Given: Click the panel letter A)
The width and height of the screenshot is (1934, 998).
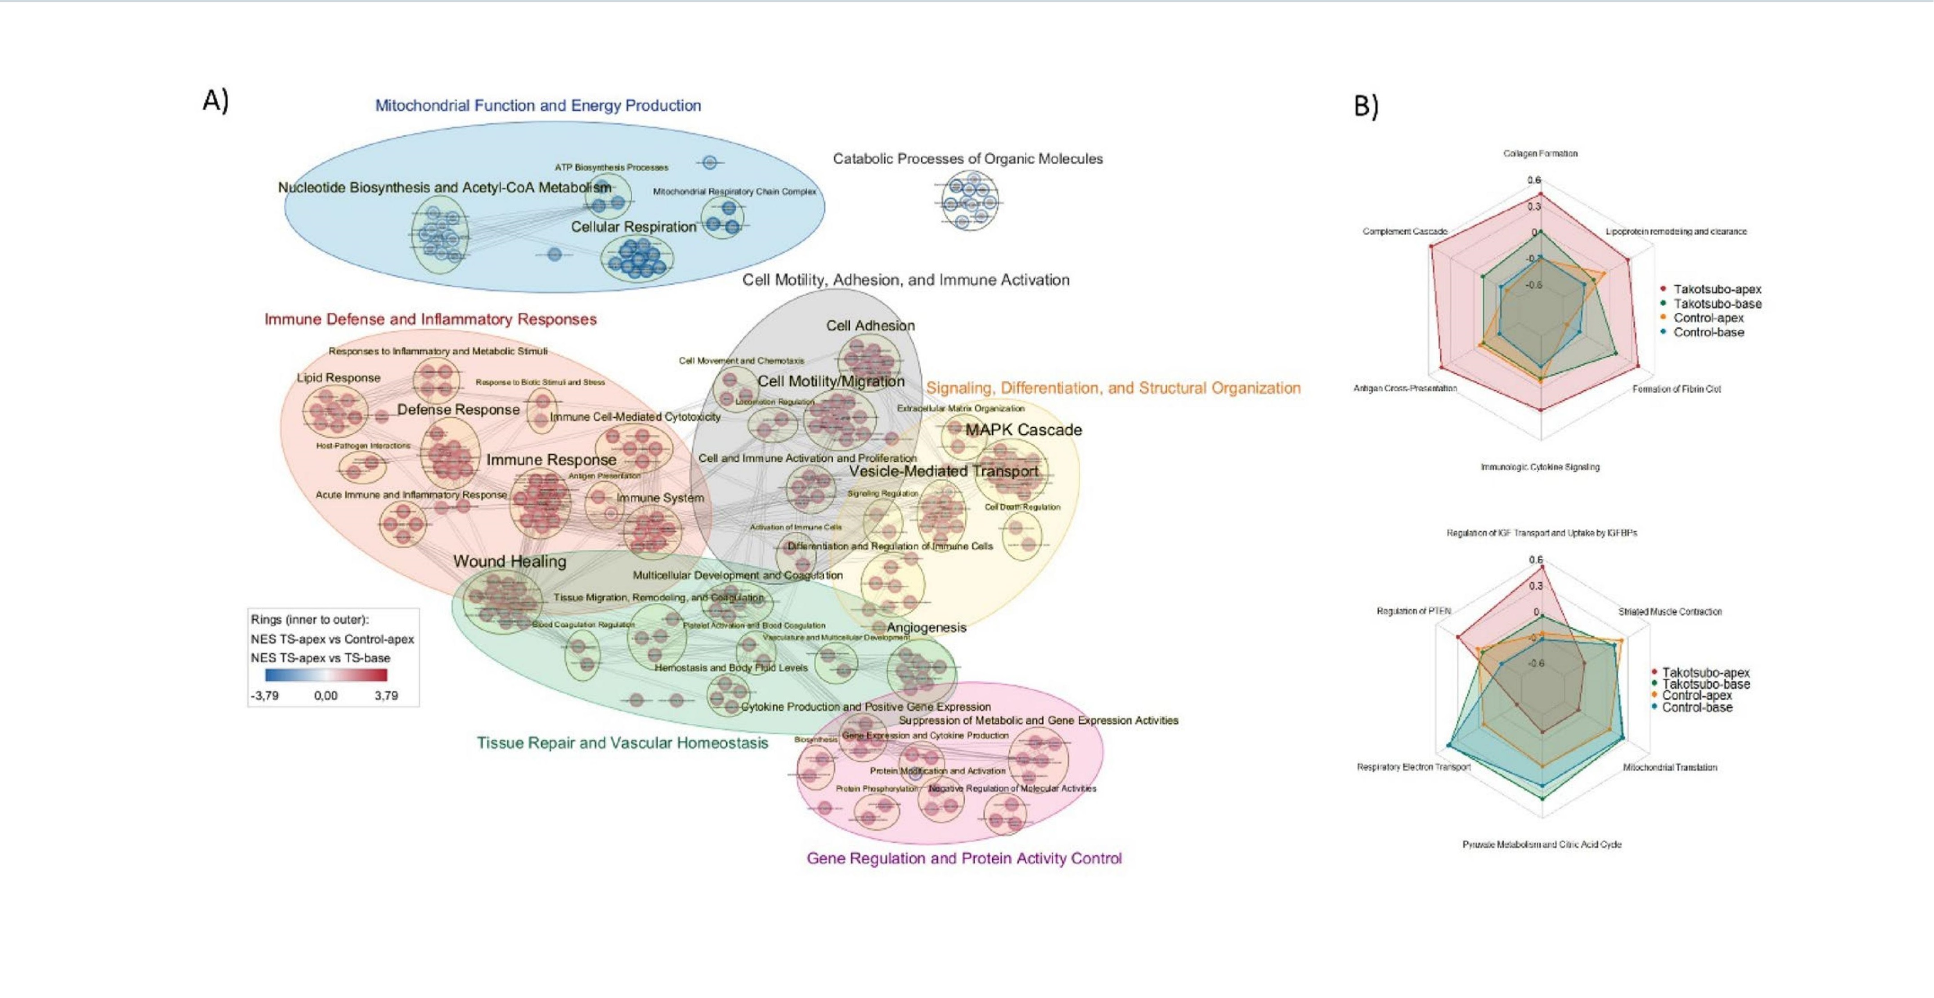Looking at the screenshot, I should tap(215, 101).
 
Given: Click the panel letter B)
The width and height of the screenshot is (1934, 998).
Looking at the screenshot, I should tap(1366, 106).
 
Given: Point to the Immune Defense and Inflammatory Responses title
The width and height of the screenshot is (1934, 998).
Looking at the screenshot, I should tap(430, 320).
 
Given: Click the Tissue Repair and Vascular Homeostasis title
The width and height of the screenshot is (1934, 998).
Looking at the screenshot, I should tap(622, 743).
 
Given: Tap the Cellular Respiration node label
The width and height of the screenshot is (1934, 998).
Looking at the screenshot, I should tap(633, 227).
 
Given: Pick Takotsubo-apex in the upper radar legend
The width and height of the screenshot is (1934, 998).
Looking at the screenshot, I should tap(1716, 289).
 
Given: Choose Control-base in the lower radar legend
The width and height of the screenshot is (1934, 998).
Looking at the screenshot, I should tap(1697, 707).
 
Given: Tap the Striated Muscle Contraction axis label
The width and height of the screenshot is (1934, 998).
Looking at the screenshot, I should tap(1670, 612).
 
